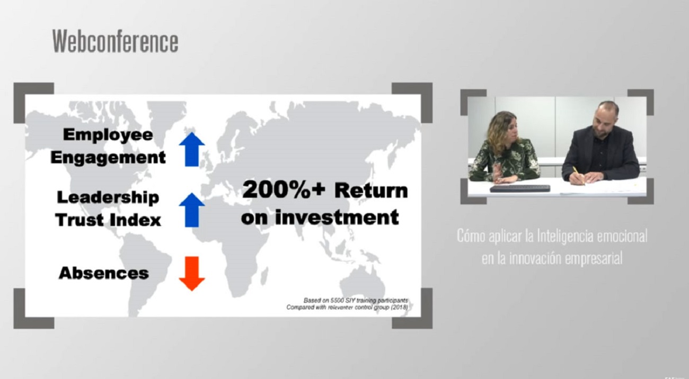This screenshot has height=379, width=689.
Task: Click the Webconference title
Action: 116,41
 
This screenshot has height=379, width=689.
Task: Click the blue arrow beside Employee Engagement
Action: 192,150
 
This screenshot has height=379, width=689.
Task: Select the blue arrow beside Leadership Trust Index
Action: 192,210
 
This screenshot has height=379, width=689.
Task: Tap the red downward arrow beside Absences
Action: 192,274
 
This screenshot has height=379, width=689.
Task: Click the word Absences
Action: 104,273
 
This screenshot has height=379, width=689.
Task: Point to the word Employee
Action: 108,135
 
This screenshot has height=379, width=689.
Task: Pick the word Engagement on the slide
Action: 108,158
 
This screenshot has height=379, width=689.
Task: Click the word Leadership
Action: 108,197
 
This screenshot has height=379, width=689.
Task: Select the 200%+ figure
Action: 284,190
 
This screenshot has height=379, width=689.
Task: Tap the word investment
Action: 337,217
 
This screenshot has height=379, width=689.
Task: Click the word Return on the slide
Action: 371,191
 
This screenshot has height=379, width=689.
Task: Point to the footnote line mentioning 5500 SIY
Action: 356,300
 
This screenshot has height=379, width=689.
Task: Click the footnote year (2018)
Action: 399,307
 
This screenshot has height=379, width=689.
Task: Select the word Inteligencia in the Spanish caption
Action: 566,236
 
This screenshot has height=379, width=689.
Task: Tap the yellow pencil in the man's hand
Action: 578,176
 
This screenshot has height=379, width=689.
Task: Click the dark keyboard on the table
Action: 520,188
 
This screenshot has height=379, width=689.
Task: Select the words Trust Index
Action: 108,220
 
